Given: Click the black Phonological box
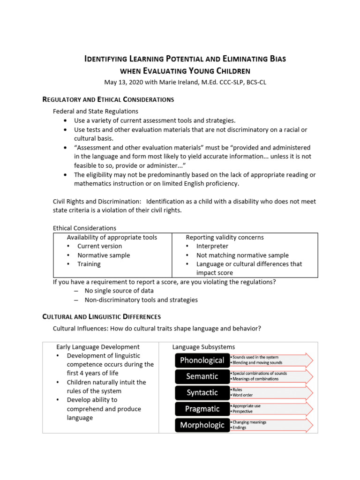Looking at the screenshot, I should pos(202,360).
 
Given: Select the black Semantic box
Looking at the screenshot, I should pos(202,376).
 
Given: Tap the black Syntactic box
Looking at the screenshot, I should pos(202,392).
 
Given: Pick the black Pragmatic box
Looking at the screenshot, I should pos(202,409).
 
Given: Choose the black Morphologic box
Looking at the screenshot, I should pos(202,425).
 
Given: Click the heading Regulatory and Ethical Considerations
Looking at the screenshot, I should pos(108,99).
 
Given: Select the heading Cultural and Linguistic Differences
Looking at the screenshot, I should pos(102,317).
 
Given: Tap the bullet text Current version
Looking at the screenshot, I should pos(99,246).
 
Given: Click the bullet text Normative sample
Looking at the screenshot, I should pos(104,255).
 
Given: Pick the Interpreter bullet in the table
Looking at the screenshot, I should pos(212,246).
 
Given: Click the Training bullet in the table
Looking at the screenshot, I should pos(89,264).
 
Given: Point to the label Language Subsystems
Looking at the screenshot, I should pos(204,347).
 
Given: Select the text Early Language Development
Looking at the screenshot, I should pos(98,347).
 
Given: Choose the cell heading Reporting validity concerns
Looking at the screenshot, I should pos(225,237).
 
